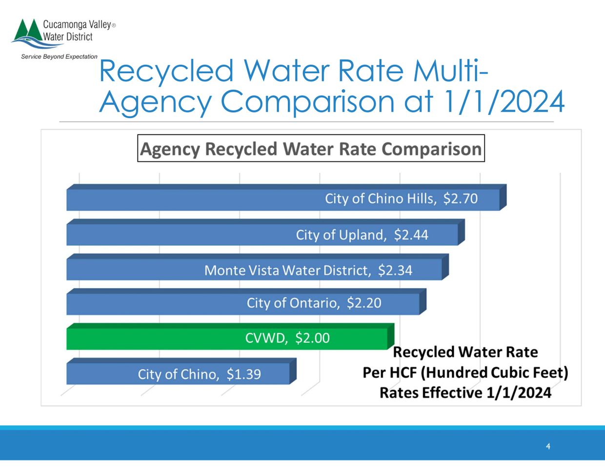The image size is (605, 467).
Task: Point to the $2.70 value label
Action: point(460,199)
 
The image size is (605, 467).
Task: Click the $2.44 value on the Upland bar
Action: point(411,235)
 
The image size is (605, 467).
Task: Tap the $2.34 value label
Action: point(395,270)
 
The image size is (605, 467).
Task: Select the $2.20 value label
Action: point(364,303)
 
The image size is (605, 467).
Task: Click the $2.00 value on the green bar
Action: point(312,338)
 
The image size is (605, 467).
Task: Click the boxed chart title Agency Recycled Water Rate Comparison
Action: point(311,149)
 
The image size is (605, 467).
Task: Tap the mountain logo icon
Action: point(27,33)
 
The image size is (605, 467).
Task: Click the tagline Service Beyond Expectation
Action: point(59,57)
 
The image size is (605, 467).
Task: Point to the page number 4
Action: point(548,447)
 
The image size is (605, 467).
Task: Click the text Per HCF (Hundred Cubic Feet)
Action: point(465,372)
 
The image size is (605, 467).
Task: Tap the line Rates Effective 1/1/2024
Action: point(465,392)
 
